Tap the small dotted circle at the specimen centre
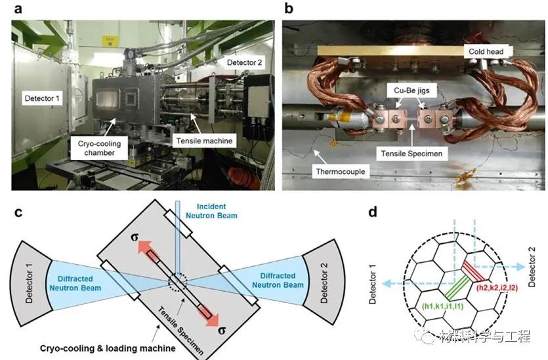(178, 282)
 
